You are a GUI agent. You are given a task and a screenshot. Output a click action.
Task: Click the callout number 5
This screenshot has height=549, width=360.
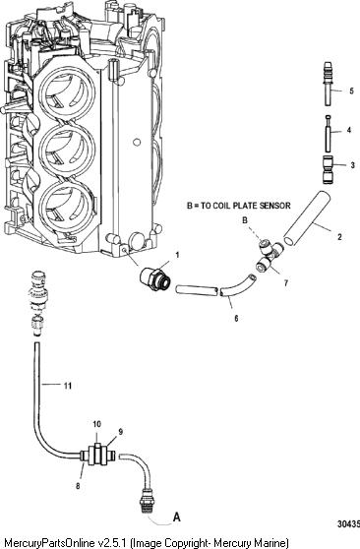351,91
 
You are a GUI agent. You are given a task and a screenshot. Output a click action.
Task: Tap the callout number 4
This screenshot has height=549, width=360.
349,130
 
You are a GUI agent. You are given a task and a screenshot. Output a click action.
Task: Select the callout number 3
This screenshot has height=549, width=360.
353,165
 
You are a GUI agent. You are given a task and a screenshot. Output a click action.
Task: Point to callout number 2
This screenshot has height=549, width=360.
339,237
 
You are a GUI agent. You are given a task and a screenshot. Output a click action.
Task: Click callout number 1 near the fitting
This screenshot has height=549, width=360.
177,255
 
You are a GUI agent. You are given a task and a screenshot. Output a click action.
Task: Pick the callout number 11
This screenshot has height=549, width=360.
68,386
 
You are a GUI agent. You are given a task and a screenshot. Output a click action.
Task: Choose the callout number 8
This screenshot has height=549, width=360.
78,486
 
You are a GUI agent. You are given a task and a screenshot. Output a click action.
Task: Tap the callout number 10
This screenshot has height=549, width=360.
97,424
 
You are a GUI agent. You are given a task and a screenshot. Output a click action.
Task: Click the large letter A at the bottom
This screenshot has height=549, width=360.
177,517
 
